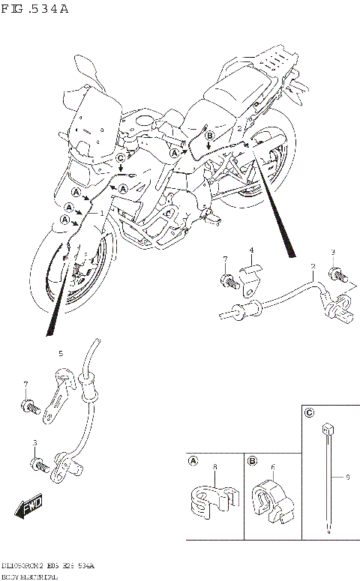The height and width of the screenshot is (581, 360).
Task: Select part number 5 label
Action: (61, 353)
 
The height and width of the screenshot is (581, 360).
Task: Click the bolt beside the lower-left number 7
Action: (29, 406)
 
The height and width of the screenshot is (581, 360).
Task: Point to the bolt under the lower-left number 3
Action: (36, 465)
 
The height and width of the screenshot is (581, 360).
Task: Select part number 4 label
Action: (252, 250)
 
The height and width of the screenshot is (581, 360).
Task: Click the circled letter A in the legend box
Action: (193, 461)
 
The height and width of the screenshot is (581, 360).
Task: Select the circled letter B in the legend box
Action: (252, 461)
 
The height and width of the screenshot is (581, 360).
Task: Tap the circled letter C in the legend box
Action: (309, 412)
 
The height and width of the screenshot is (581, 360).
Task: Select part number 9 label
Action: (347, 476)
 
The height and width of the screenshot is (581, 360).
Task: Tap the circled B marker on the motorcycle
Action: (210, 134)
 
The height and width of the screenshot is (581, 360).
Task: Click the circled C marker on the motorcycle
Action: (121, 157)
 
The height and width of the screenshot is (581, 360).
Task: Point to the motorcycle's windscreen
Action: (93, 120)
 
